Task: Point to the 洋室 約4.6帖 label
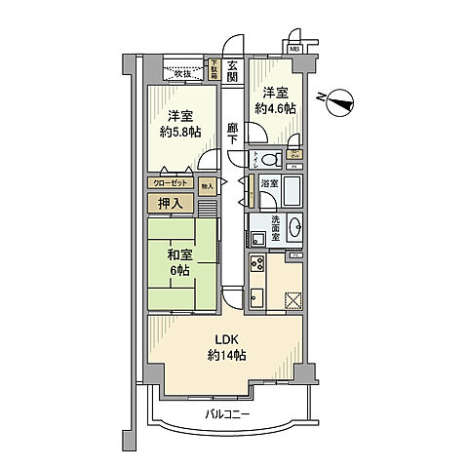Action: click(x=273, y=100)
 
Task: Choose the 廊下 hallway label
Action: click(x=233, y=133)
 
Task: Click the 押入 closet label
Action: click(x=172, y=203)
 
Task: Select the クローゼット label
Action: click(x=172, y=182)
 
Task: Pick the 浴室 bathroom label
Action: click(x=270, y=182)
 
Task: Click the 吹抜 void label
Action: click(x=182, y=73)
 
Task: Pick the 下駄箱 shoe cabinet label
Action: click(x=214, y=70)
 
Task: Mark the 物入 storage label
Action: click(x=207, y=183)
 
